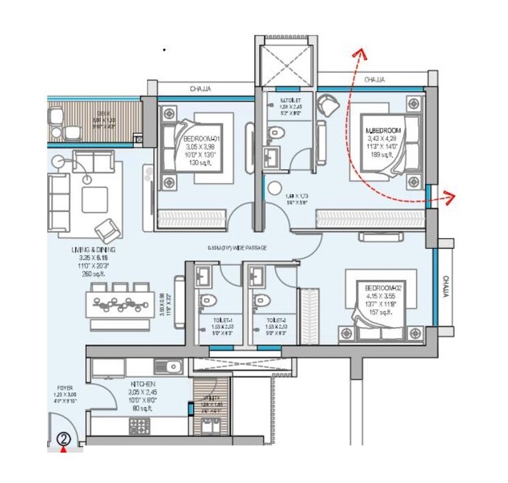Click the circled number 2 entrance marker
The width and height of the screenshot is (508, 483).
[x=63, y=439]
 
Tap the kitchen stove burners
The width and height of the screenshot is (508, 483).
[x=139, y=427]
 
